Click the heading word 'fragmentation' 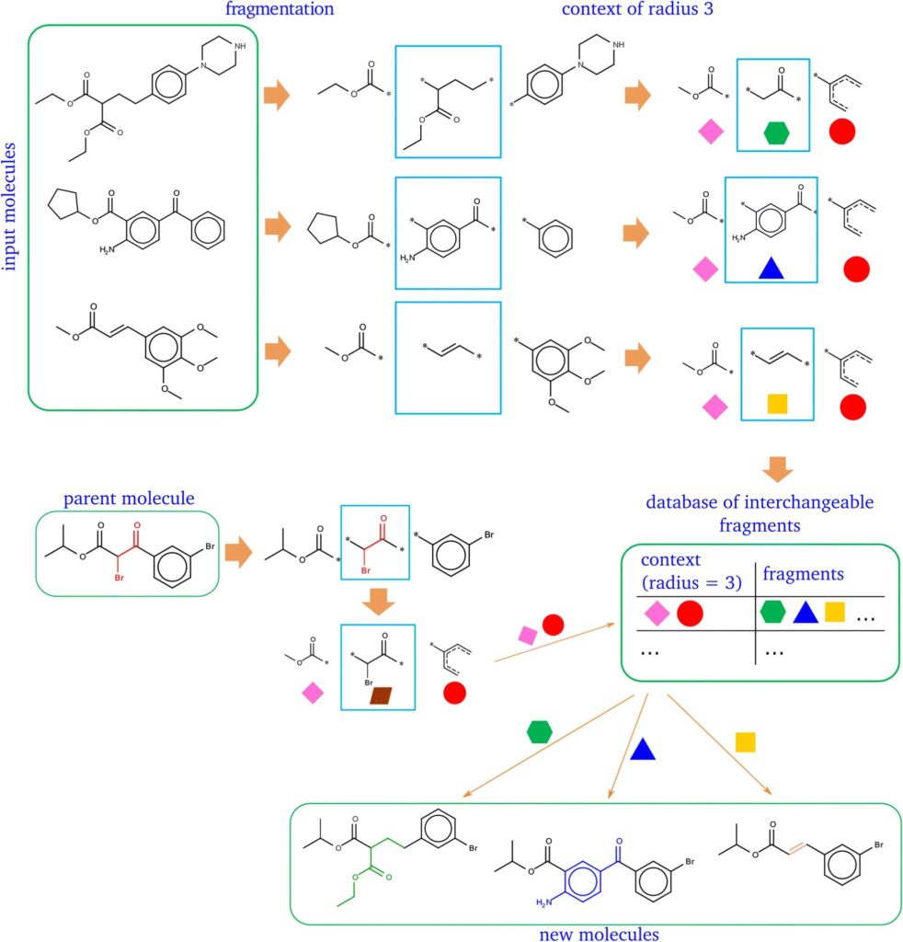click(280, 9)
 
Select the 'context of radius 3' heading click(637, 9)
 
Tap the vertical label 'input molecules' click(9, 206)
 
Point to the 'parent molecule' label click(129, 498)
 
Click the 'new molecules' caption click(599, 934)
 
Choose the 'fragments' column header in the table click(804, 574)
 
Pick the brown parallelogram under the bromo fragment click(381, 695)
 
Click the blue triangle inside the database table click(806, 613)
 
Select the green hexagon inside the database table click(772, 612)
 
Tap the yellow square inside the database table click(835, 612)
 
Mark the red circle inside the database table click(690, 614)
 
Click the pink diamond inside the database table click(657, 614)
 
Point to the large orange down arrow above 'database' click(778, 469)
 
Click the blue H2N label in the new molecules click(543, 902)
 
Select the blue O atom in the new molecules click(619, 842)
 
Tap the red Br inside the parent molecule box click(119, 578)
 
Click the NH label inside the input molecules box click(240, 46)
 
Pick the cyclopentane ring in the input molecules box click(63, 205)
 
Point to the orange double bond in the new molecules click(796, 848)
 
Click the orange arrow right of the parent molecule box click(238, 553)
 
